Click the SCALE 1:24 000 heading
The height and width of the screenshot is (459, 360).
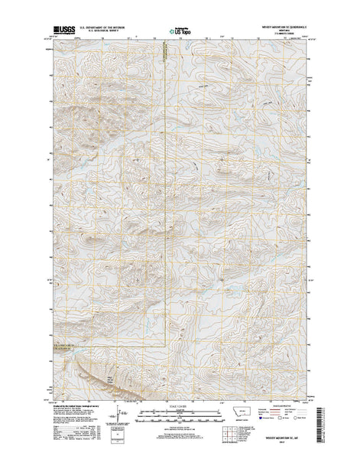point(179,409)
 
